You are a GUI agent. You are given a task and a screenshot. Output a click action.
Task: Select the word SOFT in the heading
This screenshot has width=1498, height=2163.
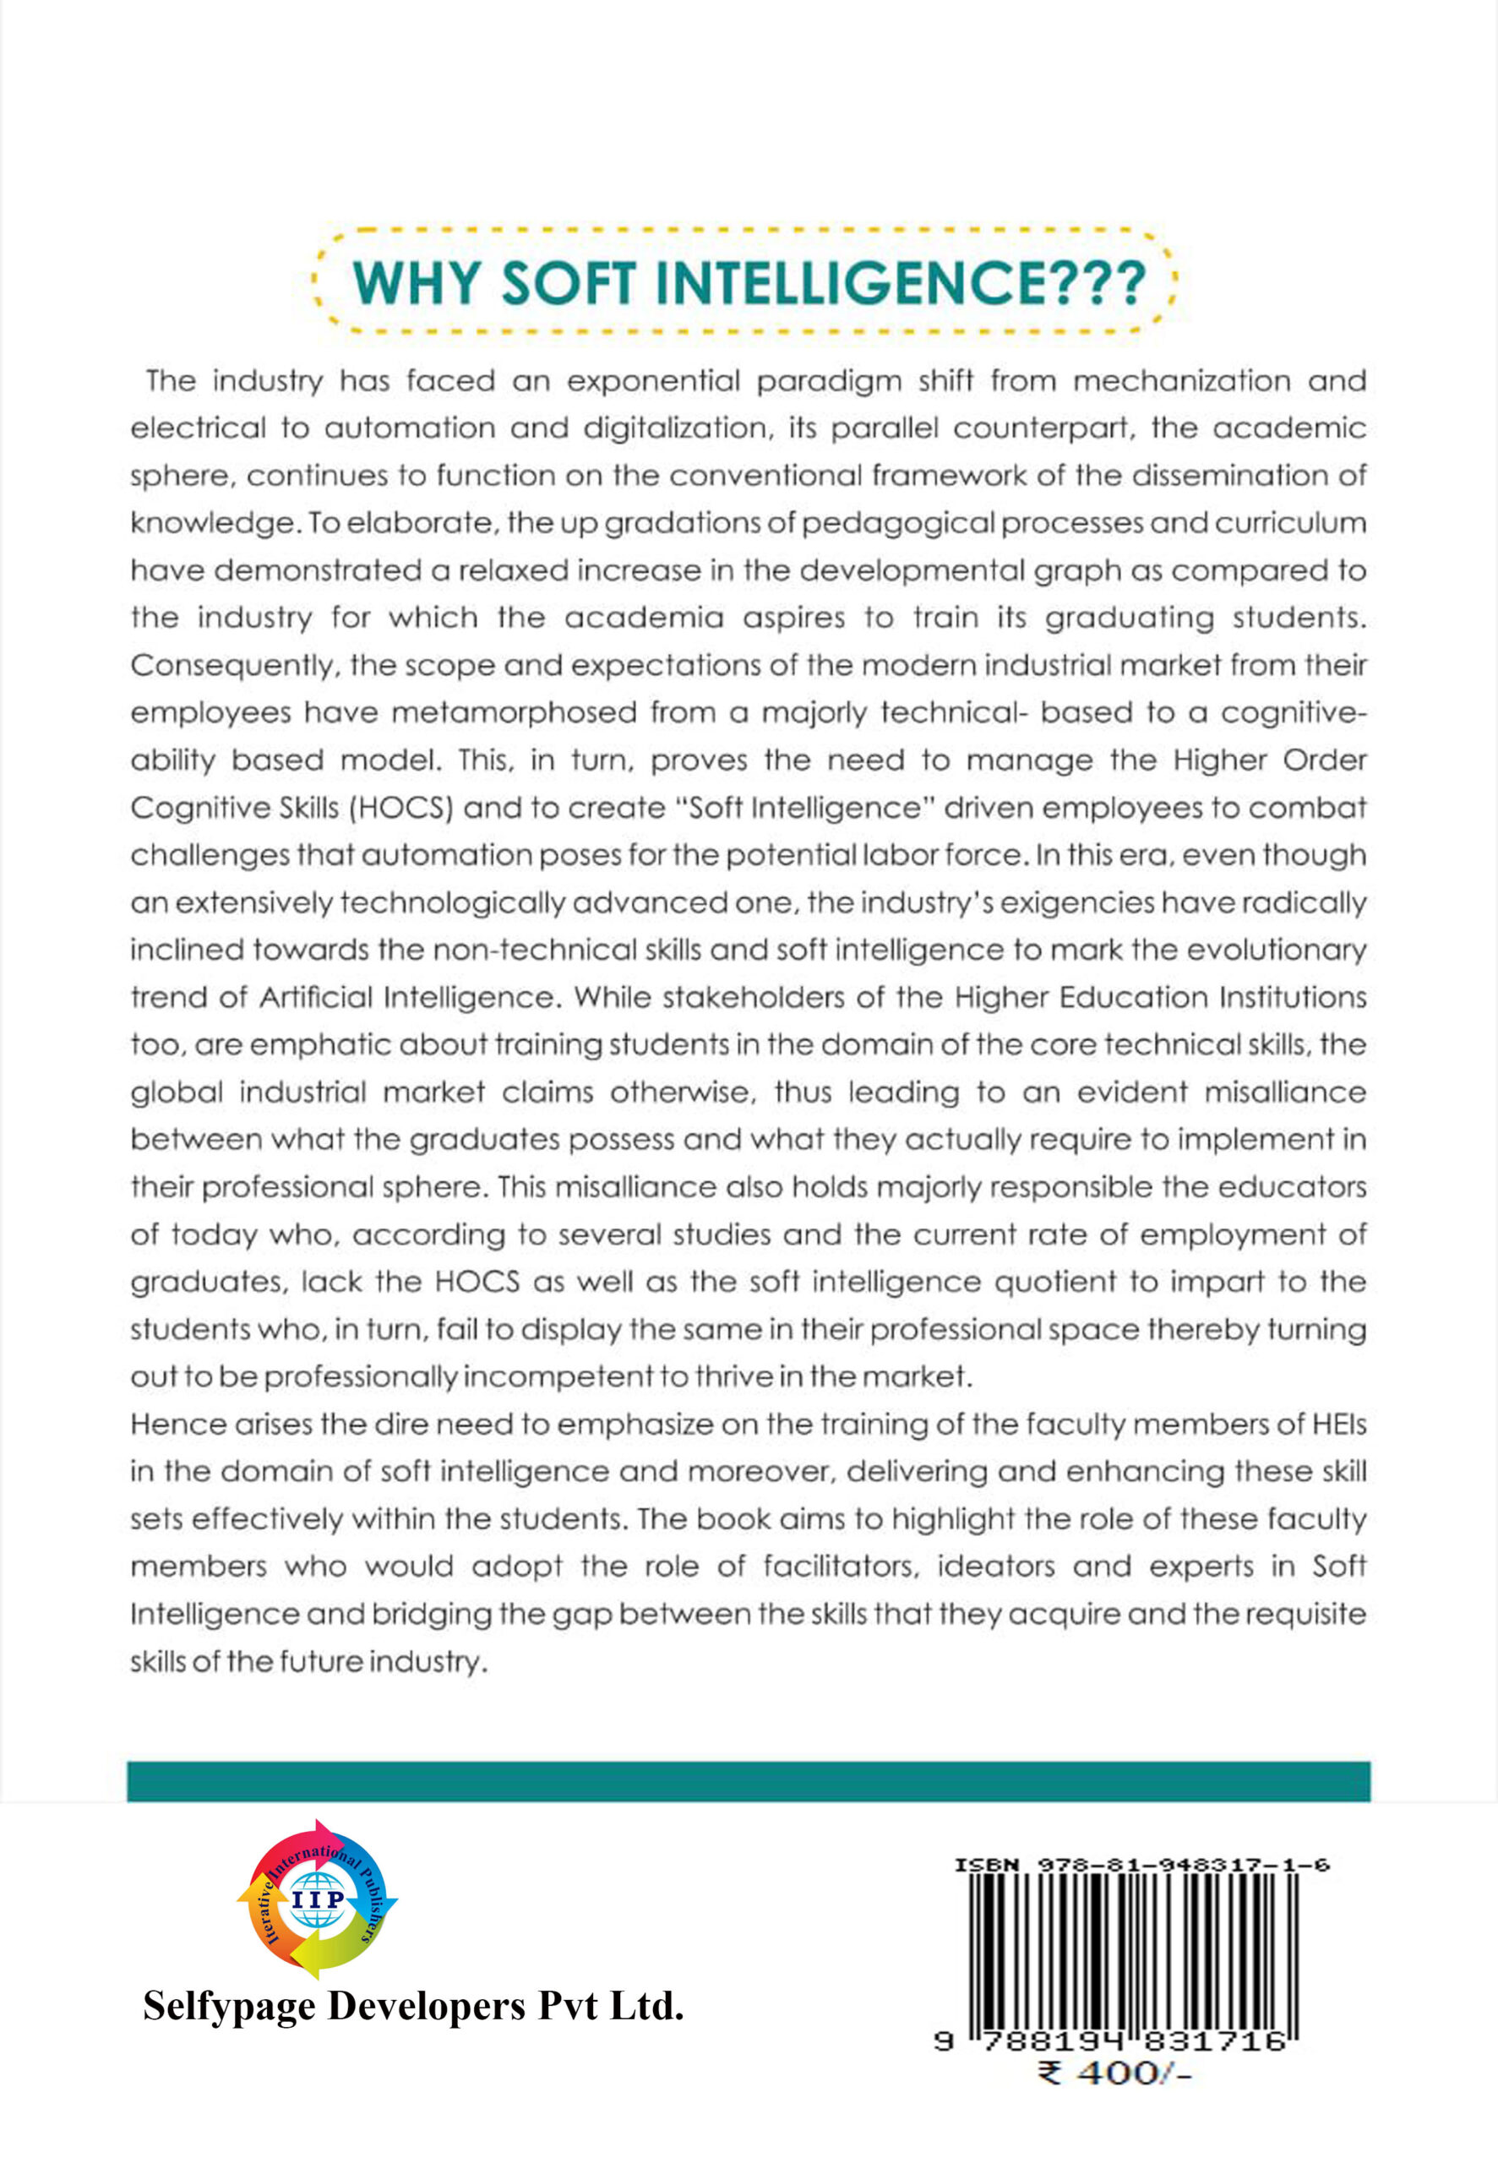click(x=568, y=281)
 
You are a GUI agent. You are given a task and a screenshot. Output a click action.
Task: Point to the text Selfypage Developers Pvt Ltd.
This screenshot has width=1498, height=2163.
click(x=413, y=2008)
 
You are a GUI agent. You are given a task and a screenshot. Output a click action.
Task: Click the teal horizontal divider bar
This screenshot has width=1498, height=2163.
click(x=748, y=1781)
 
